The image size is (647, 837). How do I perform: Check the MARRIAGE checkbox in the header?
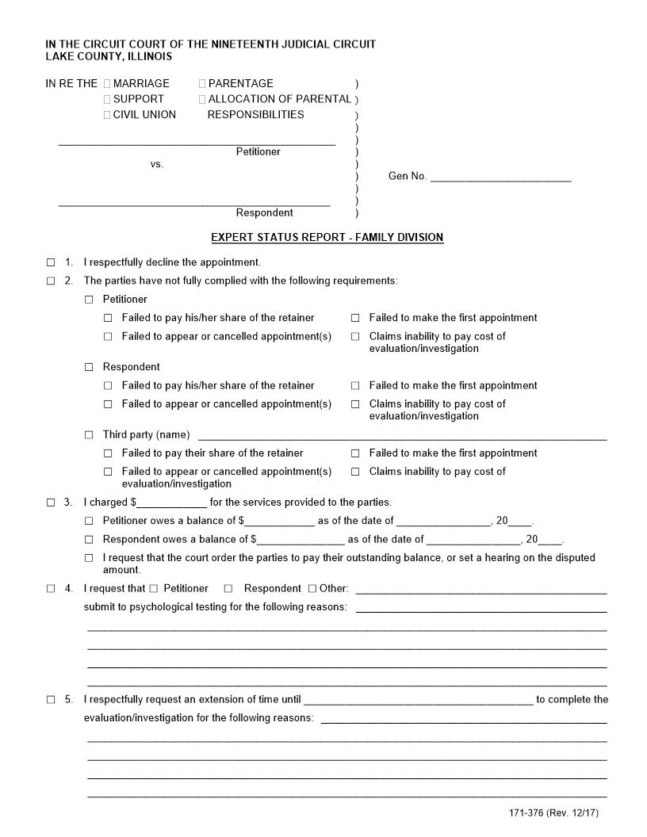tap(107, 83)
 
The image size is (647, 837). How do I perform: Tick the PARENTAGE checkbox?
tap(202, 83)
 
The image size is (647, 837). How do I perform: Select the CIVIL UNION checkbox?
tap(107, 115)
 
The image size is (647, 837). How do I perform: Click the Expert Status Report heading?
tap(327, 237)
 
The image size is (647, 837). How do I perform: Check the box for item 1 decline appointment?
tap(51, 262)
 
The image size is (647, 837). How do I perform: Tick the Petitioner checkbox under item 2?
tap(89, 300)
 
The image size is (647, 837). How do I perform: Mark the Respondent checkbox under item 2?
tap(89, 367)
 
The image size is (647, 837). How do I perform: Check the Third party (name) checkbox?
tap(89, 435)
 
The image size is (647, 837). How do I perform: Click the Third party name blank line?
tap(402, 435)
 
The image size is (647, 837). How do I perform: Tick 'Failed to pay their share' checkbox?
tap(108, 453)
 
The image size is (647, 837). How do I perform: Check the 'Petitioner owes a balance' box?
tap(89, 522)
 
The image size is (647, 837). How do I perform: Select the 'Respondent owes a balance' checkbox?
tap(89, 540)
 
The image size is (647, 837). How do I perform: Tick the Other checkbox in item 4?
tap(312, 589)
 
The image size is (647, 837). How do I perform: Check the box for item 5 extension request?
tap(51, 700)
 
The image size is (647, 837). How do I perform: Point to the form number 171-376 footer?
tap(559, 813)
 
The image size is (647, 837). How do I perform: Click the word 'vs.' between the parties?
tap(157, 164)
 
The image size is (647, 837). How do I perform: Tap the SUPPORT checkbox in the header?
tap(107, 99)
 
